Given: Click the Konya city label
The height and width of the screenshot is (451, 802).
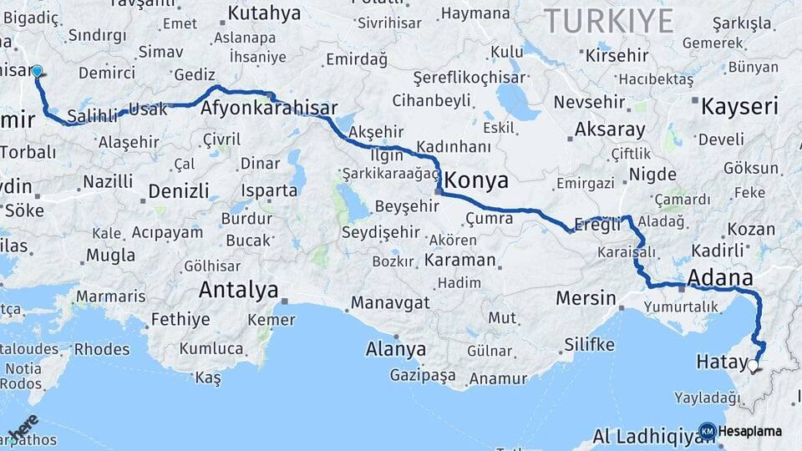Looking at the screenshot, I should (476, 180).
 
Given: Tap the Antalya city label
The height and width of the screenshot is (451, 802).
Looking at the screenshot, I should (238, 291).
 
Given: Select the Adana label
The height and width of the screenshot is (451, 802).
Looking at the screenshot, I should (719, 278).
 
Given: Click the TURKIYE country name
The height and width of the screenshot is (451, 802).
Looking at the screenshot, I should (609, 21).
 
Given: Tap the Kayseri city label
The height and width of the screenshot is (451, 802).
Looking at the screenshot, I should (739, 107).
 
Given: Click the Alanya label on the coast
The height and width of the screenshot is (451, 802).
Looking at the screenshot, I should (395, 349).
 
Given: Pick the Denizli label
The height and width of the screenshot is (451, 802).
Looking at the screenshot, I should (179, 191).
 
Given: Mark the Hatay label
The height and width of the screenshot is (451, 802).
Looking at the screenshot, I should (717, 362).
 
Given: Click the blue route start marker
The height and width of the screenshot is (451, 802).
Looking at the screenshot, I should (37, 72).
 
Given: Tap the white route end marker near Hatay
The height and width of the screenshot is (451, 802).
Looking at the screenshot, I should (754, 365).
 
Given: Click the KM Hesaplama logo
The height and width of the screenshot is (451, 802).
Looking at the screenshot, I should (740, 431).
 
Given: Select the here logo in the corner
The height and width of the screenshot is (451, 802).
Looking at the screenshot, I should (23, 426).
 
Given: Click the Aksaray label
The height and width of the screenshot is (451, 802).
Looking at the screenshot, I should (609, 130).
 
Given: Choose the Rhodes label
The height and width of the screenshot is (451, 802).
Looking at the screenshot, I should (102, 349).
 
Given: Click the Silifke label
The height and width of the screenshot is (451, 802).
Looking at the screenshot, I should (589, 344).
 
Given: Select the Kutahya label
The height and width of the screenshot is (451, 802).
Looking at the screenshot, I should (264, 13).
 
